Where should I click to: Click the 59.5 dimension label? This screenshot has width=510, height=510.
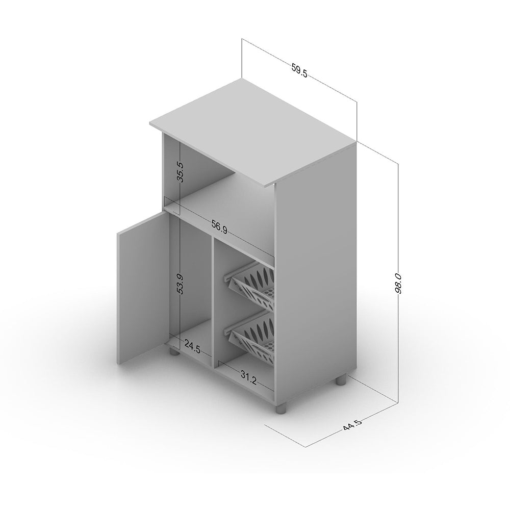pyautogui.click(x=299, y=71)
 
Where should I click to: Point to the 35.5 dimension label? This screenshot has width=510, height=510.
pyautogui.click(x=181, y=172)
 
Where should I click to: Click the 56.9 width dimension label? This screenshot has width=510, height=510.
pyautogui.click(x=219, y=227)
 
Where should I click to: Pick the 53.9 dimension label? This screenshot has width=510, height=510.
pyautogui.click(x=181, y=284)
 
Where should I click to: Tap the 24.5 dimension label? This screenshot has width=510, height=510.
pyautogui.click(x=192, y=347)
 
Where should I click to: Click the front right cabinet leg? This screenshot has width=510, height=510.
pyautogui.click(x=282, y=408)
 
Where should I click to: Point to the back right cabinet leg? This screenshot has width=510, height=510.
pyautogui.click(x=341, y=380)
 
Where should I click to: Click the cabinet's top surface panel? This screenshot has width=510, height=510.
pyautogui.click(x=253, y=133)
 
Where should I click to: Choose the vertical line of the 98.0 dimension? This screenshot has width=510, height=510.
pyautogui.click(x=398, y=283)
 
